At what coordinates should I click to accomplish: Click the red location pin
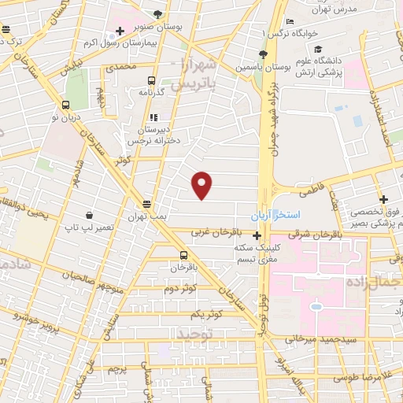point(202,184)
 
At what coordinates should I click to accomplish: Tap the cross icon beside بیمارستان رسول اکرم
point(120,32)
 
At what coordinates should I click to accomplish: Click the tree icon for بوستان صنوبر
point(158,15)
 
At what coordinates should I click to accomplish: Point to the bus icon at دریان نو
point(65,105)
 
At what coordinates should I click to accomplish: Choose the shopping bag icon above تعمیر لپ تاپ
point(91,215)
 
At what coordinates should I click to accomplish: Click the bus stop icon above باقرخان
point(183,255)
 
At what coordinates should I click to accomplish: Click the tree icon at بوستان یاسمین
point(263,54)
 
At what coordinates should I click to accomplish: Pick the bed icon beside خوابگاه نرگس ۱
point(290,22)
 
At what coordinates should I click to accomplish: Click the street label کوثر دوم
point(181,288)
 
